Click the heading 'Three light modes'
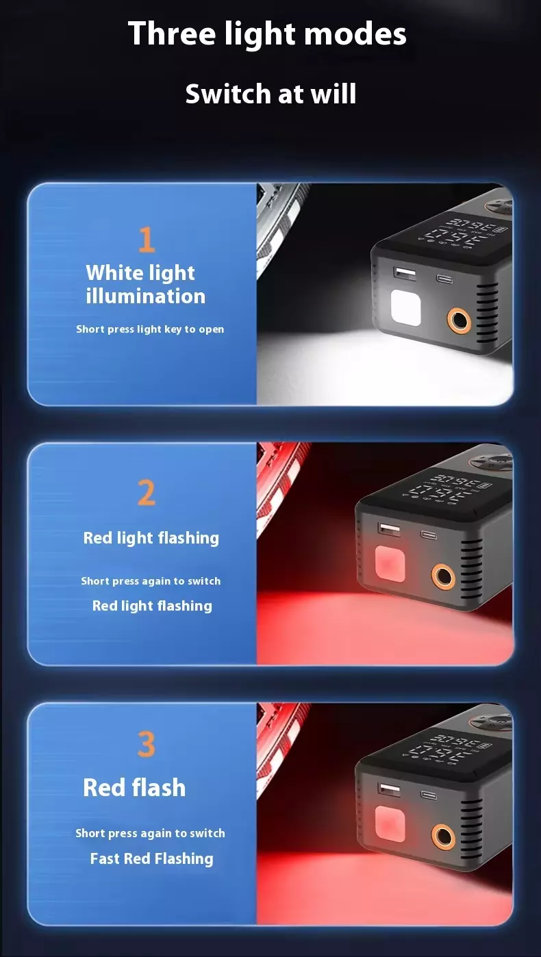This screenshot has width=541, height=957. [267, 34]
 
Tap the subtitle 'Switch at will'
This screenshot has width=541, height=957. [270, 94]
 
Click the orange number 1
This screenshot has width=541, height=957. [147, 240]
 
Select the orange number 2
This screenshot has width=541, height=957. [147, 493]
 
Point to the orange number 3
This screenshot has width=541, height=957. [146, 744]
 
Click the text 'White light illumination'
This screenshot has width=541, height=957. [145, 285]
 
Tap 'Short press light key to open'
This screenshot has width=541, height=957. [150, 329]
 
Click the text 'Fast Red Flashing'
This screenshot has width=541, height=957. [152, 858]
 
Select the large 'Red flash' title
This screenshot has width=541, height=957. [134, 787]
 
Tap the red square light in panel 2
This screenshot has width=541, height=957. [390, 564]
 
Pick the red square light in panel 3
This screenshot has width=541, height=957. [390, 824]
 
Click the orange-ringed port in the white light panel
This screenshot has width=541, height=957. [459, 320]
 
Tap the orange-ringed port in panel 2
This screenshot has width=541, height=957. [443, 576]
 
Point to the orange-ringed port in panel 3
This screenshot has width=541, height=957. [443, 836]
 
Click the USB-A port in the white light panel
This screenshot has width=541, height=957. [404, 273]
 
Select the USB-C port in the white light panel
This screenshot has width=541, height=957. [444, 279]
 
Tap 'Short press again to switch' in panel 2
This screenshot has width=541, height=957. [151, 581]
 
